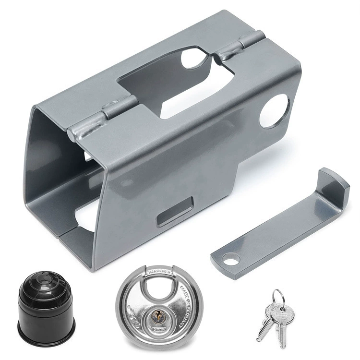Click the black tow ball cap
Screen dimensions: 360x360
coord(39,302)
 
